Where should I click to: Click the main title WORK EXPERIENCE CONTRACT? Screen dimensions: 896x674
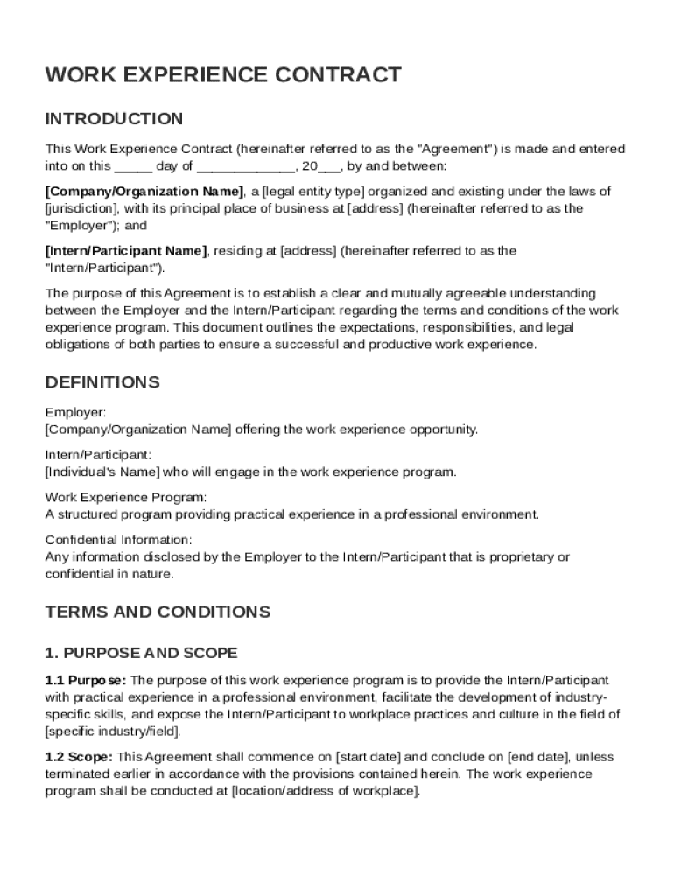223,75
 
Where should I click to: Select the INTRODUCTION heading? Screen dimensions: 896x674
114,119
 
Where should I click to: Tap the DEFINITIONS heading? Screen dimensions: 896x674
102,382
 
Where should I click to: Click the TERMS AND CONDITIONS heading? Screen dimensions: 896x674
158,612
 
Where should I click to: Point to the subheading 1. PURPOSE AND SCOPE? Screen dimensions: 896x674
141,654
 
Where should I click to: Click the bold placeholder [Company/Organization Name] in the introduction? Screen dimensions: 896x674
144,192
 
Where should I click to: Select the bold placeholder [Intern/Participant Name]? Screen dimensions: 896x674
126,251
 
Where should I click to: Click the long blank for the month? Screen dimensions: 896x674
245,166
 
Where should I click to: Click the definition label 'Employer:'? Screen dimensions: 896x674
76,412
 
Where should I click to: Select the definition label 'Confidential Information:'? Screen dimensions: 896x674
118,540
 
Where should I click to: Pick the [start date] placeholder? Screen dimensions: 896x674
366,756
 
